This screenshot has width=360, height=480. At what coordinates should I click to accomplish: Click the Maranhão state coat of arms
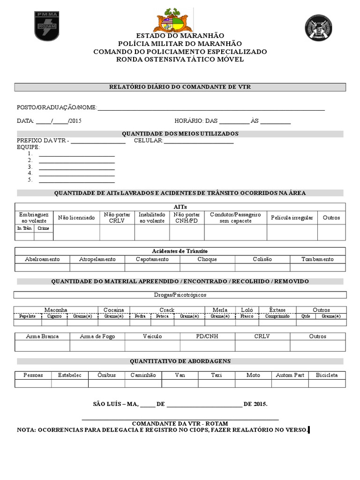[x=173, y=21]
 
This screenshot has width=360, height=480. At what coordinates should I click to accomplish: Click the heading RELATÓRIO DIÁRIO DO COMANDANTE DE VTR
[x=180, y=87]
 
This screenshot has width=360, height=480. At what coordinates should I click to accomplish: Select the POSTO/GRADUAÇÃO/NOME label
[x=57, y=108]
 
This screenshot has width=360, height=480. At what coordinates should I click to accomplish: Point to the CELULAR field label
[x=148, y=141]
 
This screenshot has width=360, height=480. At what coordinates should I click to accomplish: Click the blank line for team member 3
[x=76, y=167]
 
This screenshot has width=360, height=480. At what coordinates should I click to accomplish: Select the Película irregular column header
[x=292, y=218]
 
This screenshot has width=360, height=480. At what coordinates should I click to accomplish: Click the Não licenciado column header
[x=76, y=218]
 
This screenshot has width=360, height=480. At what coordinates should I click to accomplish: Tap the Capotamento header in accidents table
[x=152, y=259]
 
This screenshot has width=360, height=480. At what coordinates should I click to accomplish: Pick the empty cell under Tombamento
[x=317, y=268]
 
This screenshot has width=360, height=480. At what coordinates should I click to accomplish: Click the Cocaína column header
[x=114, y=310]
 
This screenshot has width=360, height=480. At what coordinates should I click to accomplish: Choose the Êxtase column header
[x=277, y=310]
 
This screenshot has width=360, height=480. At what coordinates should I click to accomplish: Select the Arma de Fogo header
[x=97, y=336]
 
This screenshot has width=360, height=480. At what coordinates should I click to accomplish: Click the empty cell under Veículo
[x=152, y=345]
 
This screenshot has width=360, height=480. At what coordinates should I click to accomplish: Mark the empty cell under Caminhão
[x=143, y=383]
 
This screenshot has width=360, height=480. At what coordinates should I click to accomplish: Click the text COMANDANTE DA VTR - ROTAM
[x=180, y=423]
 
